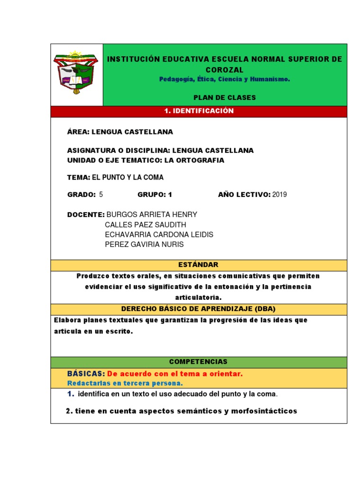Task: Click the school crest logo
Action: (x=76, y=73)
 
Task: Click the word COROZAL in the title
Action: (x=225, y=70)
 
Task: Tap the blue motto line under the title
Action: (x=225, y=79)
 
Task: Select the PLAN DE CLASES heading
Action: (x=225, y=98)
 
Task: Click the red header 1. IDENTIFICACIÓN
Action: (x=199, y=111)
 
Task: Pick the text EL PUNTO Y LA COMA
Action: (x=127, y=177)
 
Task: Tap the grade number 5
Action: (x=101, y=194)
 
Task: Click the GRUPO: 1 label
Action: (x=155, y=194)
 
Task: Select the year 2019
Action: (x=280, y=194)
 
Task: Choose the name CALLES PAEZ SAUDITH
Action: (x=146, y=225)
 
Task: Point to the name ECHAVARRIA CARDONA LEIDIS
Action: (x=159, y=234)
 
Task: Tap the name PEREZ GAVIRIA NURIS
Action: (x=144, y=244)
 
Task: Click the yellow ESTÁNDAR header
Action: (x=199, y=265)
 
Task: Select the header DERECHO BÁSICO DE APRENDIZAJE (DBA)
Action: (x=199, y=309)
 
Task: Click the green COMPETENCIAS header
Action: (x=199, y=361)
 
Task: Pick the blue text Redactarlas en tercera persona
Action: (x=125, y=383)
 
